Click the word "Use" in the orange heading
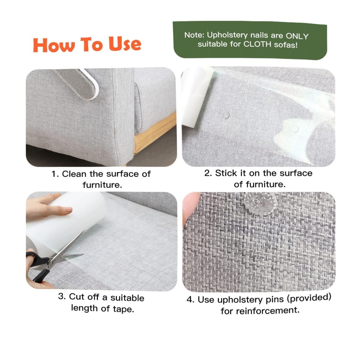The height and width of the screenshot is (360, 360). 125,44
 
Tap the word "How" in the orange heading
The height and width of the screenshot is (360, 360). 54,45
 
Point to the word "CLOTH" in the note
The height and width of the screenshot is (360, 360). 257,44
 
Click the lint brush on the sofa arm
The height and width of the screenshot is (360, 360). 77,83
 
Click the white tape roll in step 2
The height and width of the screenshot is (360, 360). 196,96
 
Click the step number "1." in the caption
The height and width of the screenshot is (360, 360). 55,174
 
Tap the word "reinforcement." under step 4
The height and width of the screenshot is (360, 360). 268,311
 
